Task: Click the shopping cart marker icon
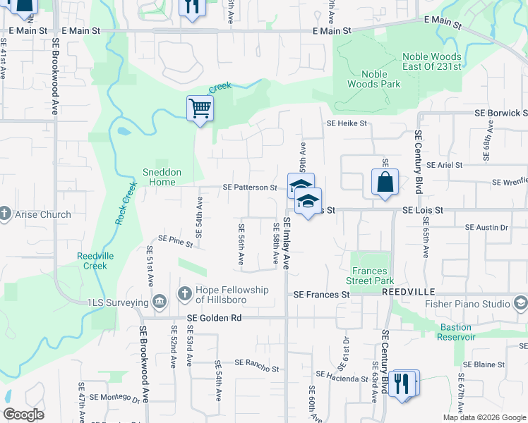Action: click(200, 109)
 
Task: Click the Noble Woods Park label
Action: click(374, 79)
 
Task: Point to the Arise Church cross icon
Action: click(5, 214)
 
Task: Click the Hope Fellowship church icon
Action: click(184, 293)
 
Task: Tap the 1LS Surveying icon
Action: click(159, 302)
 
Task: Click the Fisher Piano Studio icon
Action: click(521, 304)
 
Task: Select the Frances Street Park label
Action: click(370, 276)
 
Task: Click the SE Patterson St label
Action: click(250, 188)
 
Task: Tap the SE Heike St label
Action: click(347, 123)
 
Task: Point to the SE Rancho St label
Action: click(256, 366)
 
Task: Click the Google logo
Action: click(23, 415)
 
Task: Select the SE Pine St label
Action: click(176, 241)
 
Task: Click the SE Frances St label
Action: click(322, 294)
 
